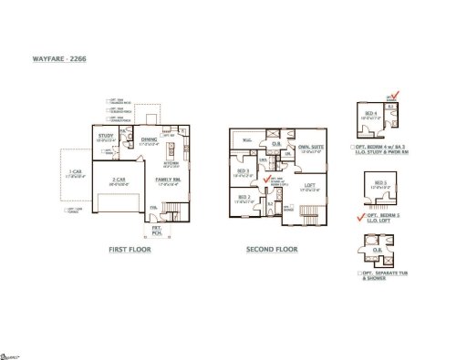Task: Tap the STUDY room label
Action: coord(105,137)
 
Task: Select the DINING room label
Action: coord(150,140)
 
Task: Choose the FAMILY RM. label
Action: coord(167,180)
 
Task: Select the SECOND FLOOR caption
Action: coord(272,248)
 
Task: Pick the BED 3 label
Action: coord(243,170)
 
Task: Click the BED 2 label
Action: coord(244,196)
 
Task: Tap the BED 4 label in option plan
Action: coord(370,114)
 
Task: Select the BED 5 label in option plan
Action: coord(380,184)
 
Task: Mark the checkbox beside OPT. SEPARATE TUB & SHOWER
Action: coord(362,273)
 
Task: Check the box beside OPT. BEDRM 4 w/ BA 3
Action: coord(352,147)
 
